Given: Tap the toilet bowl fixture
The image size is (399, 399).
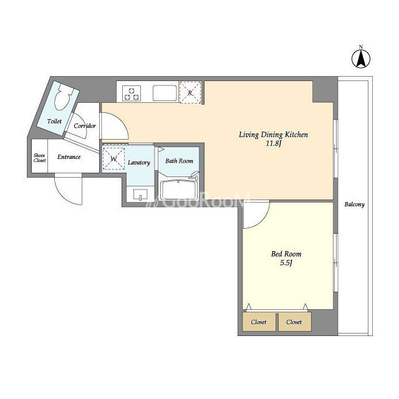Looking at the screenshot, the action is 62,97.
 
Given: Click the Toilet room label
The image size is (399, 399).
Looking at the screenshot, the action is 54,122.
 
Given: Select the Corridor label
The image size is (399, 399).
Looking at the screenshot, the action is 85,126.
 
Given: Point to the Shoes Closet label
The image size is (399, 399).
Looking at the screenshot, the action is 39,158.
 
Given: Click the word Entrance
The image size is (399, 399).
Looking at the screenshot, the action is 69,156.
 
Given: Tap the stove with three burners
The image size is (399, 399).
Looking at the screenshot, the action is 132,93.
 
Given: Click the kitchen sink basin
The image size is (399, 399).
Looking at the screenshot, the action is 165,93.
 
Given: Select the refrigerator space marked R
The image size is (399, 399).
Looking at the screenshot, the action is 190,92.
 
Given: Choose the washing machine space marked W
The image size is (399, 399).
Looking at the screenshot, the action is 113,159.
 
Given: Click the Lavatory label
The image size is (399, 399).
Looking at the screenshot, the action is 138,162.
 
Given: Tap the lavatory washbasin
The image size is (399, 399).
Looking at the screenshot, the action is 140,195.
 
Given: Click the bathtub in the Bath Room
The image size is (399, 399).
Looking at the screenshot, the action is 179,190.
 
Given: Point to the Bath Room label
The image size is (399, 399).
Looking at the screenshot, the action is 179,161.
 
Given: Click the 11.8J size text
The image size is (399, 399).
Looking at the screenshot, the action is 273,143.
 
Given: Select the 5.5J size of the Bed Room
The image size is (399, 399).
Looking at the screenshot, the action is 286,262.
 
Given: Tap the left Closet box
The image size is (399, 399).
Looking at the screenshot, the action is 259,322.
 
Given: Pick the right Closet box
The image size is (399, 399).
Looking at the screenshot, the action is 295,322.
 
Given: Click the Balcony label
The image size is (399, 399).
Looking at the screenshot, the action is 355,204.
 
